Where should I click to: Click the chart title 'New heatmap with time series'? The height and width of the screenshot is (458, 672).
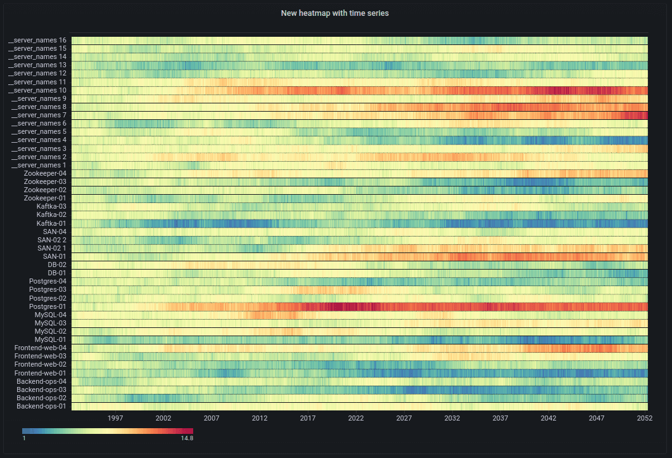click(334, 13)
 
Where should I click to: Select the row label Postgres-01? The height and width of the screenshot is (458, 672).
click(48, 306)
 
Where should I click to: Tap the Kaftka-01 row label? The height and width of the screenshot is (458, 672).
click(51, 223)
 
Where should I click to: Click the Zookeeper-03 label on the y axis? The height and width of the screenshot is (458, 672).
click(45, 181)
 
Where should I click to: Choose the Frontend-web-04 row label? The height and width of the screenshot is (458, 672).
click(41, 348)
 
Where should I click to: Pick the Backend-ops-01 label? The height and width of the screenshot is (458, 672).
click(42, 406)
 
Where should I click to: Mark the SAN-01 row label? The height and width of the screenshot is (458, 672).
click(54, 256)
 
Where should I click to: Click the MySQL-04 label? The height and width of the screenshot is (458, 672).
click(51, 315)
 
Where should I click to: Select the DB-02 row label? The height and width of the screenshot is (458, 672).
click(57, 265)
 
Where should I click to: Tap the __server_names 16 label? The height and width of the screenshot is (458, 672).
click(37, 41)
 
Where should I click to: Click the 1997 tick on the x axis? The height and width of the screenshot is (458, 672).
click(115, 419)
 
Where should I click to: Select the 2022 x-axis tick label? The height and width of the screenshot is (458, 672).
click(356, 419)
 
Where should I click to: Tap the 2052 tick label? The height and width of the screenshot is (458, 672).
click(645, 419)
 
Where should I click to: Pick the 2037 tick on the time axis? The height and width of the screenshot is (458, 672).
click(500, 419)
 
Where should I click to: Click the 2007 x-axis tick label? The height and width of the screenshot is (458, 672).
click(212, 419)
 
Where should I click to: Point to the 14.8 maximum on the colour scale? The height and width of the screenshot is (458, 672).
click(187, 438)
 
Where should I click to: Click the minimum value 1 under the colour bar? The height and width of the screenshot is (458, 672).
click(24, 438)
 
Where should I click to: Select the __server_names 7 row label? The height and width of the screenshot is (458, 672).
click(39, 115)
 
